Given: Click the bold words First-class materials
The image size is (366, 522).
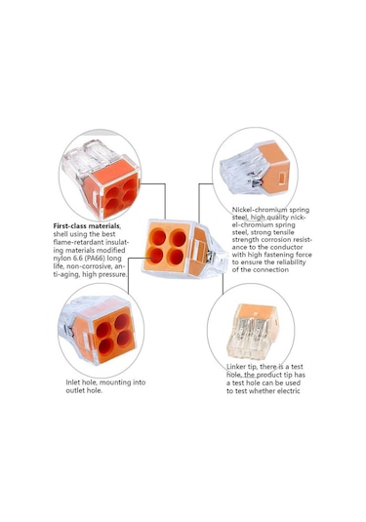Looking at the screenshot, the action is click(87, 226).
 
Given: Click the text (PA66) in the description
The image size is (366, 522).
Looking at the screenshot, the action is click(94, 259).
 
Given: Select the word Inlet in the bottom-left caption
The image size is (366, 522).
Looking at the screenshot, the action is click(72, 382).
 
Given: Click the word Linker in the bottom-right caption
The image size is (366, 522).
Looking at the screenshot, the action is click(236, 367).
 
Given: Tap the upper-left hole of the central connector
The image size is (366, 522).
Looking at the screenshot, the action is click(158, 237).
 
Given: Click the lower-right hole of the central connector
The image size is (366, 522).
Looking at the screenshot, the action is click(176, 257).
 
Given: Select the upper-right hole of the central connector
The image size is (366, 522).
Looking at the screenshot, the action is click(179, 238).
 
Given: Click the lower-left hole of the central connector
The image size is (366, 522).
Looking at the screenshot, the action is click(156, 256).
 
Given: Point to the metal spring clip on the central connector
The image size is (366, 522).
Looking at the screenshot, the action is click(210, 256).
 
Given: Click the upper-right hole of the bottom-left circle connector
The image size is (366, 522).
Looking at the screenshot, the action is click(122, 322).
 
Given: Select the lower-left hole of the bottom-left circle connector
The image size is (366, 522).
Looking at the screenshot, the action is click(106, 346).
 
